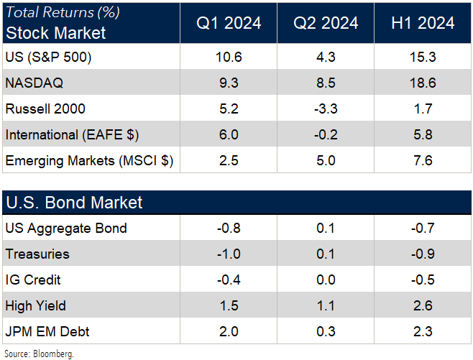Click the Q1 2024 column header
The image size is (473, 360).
coord(228,23)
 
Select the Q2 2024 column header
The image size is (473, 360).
coord(326,23)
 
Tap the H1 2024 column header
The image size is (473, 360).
coord(423,23)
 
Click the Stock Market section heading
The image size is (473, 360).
coord(55,33)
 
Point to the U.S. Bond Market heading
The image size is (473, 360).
coord(74,203)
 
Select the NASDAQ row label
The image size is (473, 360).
coord(34,83)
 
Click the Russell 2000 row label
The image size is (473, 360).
coord(45,109)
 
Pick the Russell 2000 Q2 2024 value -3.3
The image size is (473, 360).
coord(326,109)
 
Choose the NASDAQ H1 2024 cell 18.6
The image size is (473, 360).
coord(423,83)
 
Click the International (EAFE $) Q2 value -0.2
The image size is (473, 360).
coord(326,135)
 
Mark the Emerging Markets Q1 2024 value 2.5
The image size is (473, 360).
coord(228,160)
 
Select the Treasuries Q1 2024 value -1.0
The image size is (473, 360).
coord(228,254)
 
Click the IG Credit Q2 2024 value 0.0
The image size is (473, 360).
coord(326,280)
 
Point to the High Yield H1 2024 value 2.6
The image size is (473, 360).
coord(423,306)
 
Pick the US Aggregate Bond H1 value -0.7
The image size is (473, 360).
coord(423,229)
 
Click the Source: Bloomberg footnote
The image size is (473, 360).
coord(40,354)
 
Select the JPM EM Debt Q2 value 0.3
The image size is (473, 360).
coord(326,332)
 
